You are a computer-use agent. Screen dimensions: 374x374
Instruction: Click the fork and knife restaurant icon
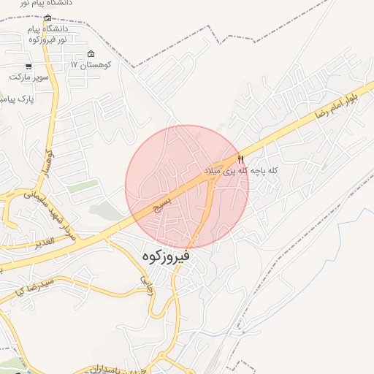(241, 159)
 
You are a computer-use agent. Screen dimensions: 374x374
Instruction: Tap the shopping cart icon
(28, 66)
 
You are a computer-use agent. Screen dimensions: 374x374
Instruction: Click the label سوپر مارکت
(29, 77)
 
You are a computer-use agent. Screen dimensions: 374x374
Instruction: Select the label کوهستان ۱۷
(91, 65)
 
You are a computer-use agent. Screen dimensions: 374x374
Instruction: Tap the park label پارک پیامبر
(16, 96)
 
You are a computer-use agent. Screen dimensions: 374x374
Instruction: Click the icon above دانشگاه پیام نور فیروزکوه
(48, 18)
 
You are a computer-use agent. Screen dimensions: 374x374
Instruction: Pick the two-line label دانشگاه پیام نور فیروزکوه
(48, 34)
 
